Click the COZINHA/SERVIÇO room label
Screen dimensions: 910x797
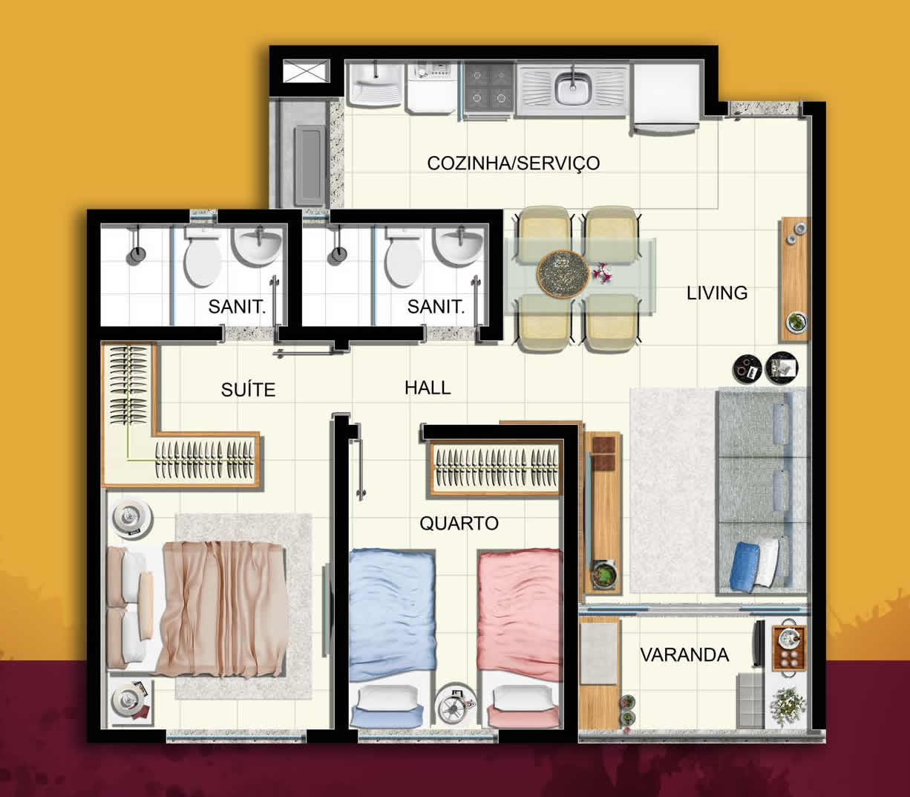pyautogui.click(x=513, y=163)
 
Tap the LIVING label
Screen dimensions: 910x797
pyautogui.click(x=717, y=293)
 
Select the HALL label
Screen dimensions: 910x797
pyautogui.click(x=428, y=388)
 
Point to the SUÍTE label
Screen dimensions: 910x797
pyautogui.click(x=248, y=390)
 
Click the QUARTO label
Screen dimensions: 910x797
pyautogui.click(x=459, y=524)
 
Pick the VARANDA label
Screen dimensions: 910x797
pyautogui.click(x=684, y=654)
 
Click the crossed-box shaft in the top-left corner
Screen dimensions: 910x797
pyautogui.click(x=307, y=71)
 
